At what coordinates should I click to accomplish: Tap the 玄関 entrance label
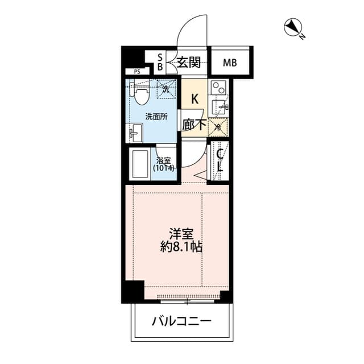[188, 63]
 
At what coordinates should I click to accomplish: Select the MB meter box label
[230, 63]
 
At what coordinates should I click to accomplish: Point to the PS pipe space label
[136, 72]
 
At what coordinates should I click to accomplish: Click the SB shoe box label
[160, 62]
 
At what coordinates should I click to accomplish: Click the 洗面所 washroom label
[156, 117]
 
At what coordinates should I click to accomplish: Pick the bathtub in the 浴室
[139, 164]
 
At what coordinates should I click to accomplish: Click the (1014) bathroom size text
[163, 168]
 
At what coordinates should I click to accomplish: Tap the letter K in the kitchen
[195, 99]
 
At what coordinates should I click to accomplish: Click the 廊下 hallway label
[194, 124]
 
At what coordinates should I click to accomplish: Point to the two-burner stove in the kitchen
[218, 89]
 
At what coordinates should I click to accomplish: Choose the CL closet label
[219, 160]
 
